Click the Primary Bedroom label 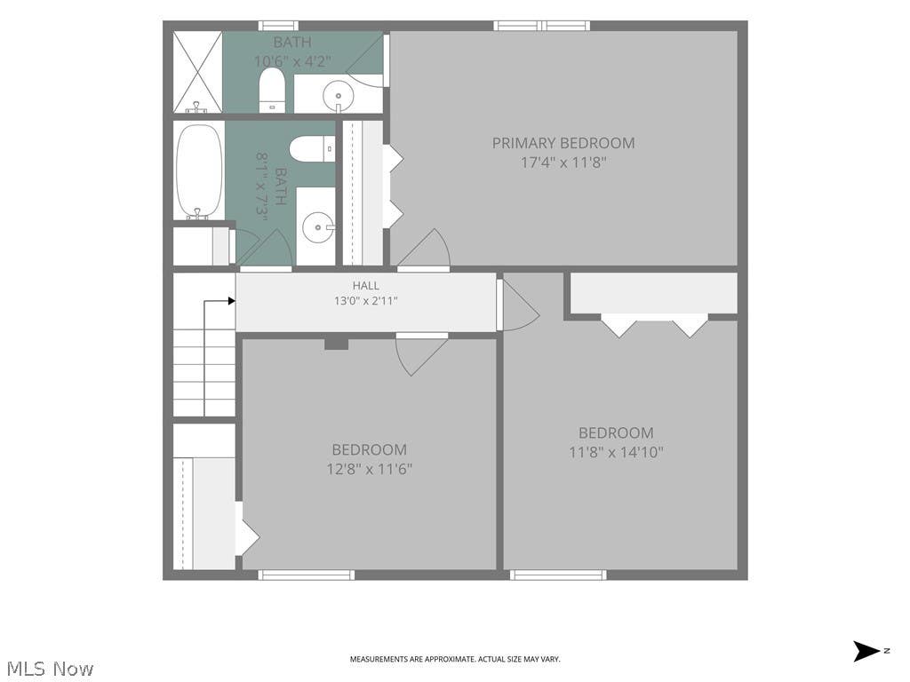(563, 143)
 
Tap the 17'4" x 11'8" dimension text (563, 163)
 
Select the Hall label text (365, 285)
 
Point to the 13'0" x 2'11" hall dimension (365, 301)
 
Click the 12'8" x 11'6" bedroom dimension (369, 469)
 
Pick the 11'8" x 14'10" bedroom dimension (616, 452)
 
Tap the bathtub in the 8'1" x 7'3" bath (199, 171)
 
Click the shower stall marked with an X (198, 72)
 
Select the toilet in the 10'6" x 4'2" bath (271, 91)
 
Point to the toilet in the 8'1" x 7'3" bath (312, 149)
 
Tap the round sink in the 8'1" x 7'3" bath (318, 227)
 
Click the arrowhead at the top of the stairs (232, 301)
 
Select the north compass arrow (866, 651)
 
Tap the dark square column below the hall (336, 344)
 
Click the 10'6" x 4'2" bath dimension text (292, 61)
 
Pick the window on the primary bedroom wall (541, 26)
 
